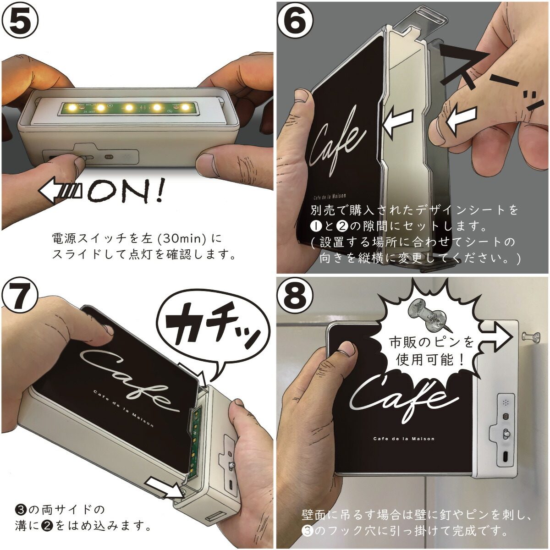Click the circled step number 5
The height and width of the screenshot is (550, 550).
pos(21,21)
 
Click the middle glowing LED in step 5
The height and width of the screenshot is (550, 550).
pos(129,108)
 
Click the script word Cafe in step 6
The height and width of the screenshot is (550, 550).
pos(338,137)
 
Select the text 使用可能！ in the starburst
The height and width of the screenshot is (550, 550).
pos(431,359)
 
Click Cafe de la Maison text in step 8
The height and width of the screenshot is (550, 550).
pos(404,439)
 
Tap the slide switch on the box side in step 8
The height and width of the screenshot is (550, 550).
pos(506,433)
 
